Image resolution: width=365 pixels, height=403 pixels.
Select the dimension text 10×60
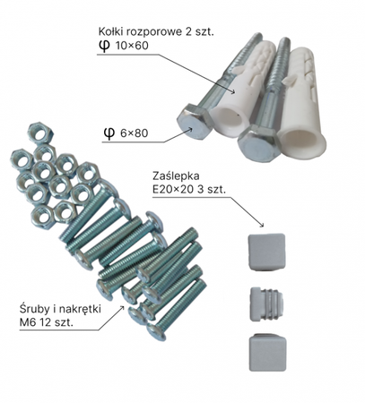132,46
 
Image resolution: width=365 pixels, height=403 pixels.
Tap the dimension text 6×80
135,133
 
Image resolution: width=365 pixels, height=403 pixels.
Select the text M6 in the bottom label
27,322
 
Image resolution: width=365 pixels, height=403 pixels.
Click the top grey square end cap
266,252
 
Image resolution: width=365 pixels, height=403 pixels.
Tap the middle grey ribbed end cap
266,304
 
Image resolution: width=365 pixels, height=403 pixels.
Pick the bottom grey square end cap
267,352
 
